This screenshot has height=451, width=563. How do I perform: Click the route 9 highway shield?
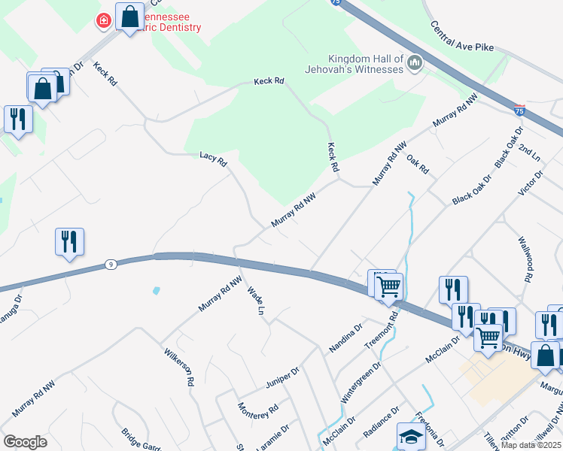(111, 264)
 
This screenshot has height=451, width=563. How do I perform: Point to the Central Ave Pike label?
(462, 36)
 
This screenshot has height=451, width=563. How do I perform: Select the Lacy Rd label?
(213, 158)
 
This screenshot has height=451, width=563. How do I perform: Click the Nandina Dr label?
(345, 339)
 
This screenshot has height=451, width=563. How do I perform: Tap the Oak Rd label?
(417, 163)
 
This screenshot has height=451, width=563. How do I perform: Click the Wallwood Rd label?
(525, 259)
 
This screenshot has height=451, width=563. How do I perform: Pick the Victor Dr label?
(531, 183)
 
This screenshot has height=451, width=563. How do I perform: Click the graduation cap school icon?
(412, 436)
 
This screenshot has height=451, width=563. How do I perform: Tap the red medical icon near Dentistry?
(103, 20)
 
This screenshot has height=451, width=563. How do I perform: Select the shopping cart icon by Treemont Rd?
(388, 286)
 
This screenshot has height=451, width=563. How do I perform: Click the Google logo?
(25, 442)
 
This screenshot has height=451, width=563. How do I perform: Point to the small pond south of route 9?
(156, 290)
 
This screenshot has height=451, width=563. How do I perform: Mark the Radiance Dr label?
(381, 424)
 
